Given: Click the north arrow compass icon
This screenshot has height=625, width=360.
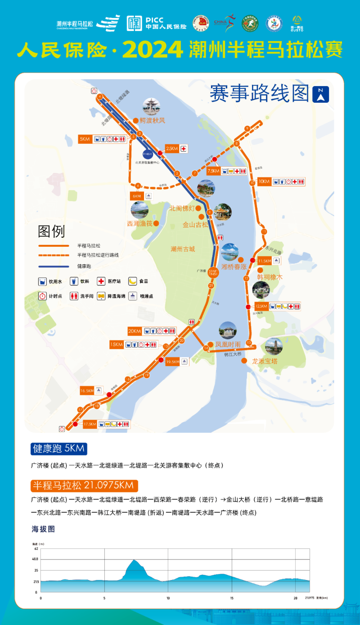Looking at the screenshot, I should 320,95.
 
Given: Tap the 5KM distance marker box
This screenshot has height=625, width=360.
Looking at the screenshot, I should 85,139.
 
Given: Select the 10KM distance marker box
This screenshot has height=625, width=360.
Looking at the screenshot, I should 264,181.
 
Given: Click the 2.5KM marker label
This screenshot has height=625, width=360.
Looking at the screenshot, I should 172,149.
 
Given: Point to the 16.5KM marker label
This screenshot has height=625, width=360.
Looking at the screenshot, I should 87,391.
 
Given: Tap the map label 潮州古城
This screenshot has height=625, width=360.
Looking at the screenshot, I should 183,249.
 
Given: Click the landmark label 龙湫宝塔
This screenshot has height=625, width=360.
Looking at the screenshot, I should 265,361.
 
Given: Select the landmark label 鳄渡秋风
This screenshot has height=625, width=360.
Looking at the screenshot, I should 152,121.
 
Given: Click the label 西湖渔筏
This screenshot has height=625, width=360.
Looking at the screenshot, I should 139,223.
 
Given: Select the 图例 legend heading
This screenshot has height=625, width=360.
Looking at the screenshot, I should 51,231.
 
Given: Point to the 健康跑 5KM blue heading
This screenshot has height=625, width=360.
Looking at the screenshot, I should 58,449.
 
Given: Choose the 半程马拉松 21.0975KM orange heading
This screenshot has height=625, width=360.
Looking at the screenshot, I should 84,486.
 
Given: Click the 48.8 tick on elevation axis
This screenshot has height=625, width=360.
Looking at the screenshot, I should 36,559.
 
